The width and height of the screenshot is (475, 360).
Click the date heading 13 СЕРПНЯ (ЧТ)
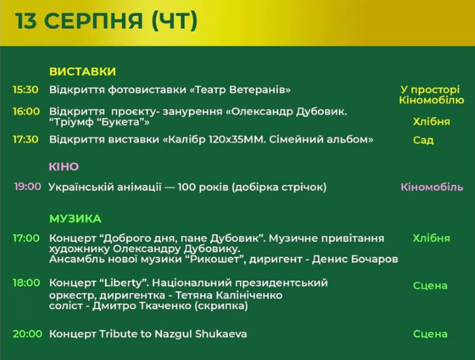[106, 20]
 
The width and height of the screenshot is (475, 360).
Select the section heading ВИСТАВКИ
[82, 71]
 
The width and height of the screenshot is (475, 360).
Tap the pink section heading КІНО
[64, 167]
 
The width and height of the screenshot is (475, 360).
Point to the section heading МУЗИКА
[75, 219]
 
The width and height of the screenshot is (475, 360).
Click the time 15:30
[25, 89]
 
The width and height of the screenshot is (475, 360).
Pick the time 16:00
[26, 112]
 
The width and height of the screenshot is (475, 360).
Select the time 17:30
[25, 139]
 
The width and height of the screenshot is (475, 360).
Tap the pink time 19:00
[28, 187]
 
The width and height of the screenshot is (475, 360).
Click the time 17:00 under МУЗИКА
[26, 238]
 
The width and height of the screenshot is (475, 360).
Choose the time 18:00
[26, 283]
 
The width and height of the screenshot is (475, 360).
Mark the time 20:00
[27, 334]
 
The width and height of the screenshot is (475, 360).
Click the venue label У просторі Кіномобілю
[431, 95]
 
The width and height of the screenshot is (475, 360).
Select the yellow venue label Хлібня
[431, 122]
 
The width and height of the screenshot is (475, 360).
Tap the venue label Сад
[423, 140]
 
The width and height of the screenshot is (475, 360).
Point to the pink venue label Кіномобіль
[432, 187]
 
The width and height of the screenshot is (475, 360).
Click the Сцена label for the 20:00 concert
[430, 334]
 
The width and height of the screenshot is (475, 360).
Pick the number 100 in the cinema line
[187, 187]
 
